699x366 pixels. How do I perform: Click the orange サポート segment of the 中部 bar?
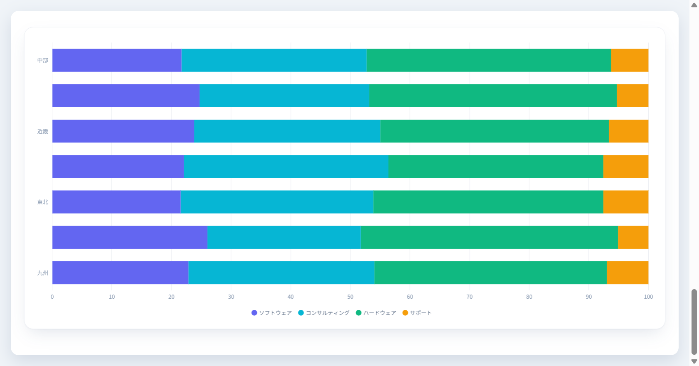(630, 60)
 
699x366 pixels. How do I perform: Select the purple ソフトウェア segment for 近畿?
(123, 131)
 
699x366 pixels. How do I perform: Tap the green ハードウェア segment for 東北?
(488, 202)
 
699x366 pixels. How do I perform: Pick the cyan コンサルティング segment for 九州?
(281, 273)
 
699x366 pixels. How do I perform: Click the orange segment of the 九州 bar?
(628, 273)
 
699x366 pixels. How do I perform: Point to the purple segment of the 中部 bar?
(117, 60)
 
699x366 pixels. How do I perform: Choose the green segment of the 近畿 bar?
(495, 131)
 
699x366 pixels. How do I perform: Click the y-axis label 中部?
(43, 60)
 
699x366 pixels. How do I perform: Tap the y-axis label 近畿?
(43, 131)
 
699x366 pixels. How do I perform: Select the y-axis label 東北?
(43, 202)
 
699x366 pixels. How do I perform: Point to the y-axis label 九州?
(43, 273)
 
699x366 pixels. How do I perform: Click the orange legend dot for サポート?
(405, 313)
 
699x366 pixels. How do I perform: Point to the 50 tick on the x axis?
(350, 297)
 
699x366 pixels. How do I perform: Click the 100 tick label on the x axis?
(648, 297)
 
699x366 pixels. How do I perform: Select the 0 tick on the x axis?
(52, 297)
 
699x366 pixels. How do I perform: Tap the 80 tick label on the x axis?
(529, 297)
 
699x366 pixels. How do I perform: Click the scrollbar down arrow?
(694, 361)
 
